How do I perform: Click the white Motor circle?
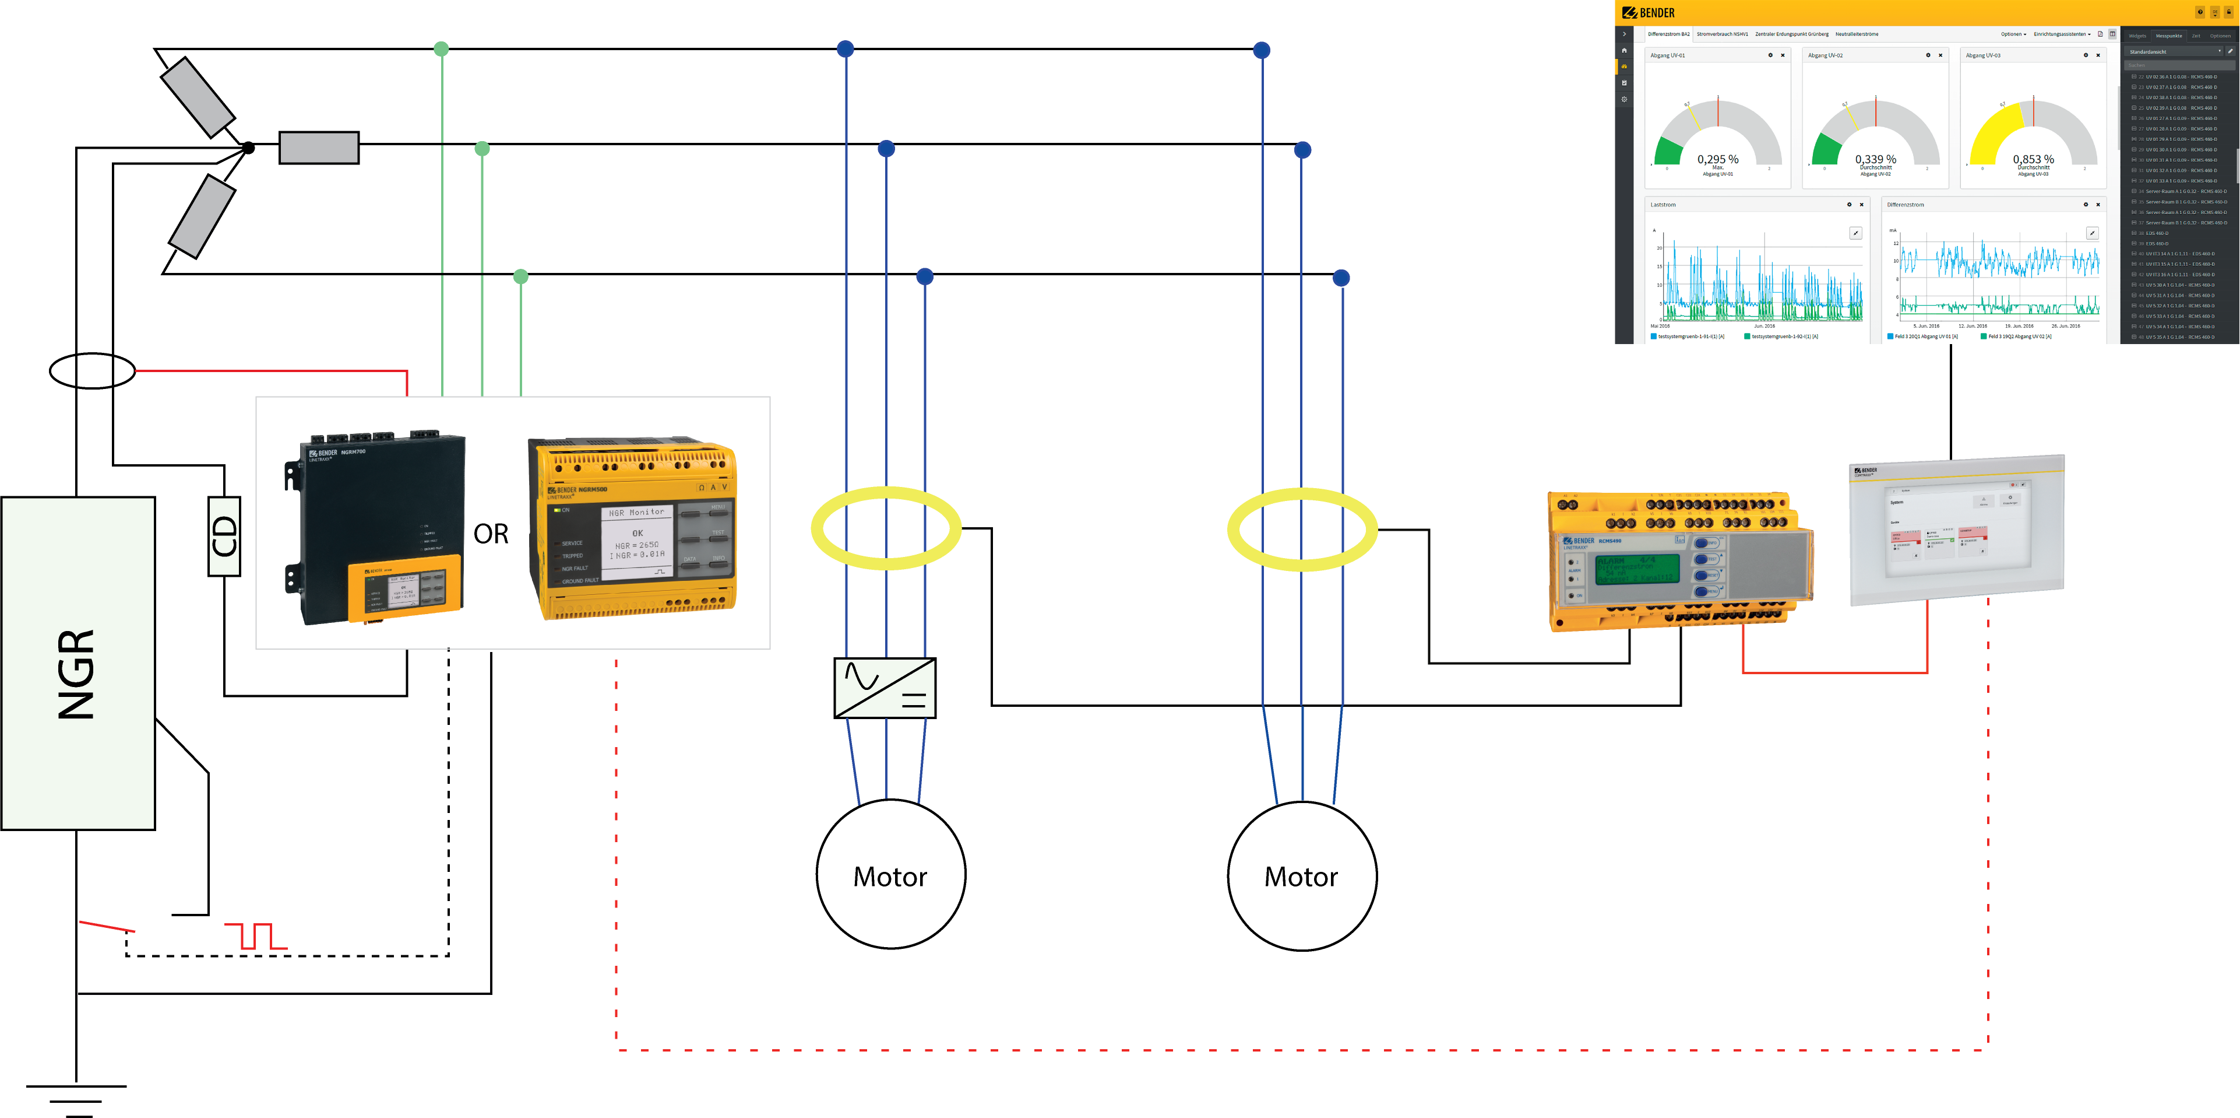[890, 874]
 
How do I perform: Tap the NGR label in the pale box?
[76, 674]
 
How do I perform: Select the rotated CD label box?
[224, 536]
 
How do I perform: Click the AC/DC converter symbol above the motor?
[885, 688]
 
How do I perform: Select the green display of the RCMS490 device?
[1636, 568]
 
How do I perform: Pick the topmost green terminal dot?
[441, 49]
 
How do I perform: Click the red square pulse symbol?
[256, 936]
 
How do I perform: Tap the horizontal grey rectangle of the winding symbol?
[318, 147]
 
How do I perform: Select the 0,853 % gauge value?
[2033, 159]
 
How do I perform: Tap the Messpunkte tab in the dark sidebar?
[2169, 36]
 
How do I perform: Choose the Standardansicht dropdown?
[2174, 51]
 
